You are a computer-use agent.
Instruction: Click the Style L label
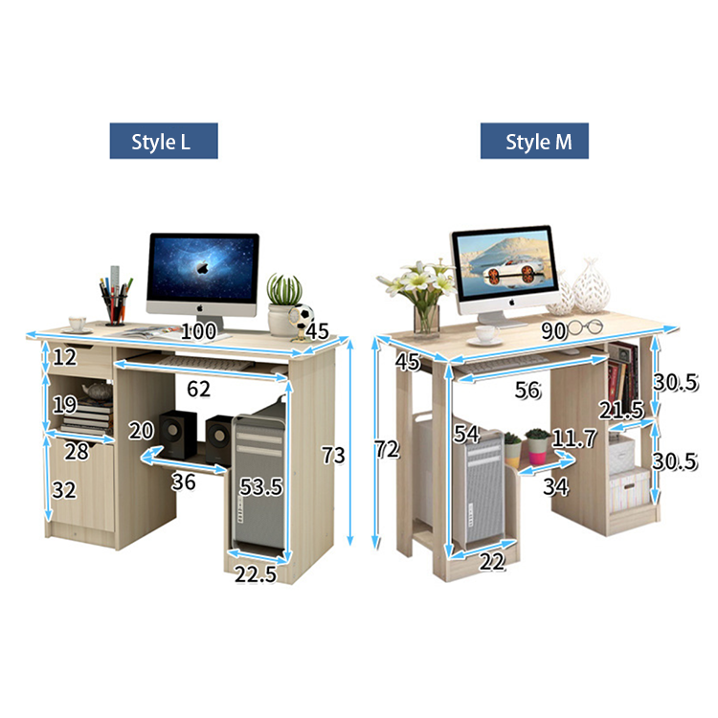[163, 142]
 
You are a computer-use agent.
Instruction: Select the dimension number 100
[198, 331]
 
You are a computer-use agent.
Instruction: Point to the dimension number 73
[332, 456]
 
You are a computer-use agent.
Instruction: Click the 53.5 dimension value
[261, 486]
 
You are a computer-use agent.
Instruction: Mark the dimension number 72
[387, 450]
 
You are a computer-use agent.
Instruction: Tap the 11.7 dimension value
[574, 439]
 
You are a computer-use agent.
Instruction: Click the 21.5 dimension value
[621, 410]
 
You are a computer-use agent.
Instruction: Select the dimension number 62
[198, 389]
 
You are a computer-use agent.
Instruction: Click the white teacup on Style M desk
[486, 334]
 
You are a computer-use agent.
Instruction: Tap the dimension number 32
[63, 490]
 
